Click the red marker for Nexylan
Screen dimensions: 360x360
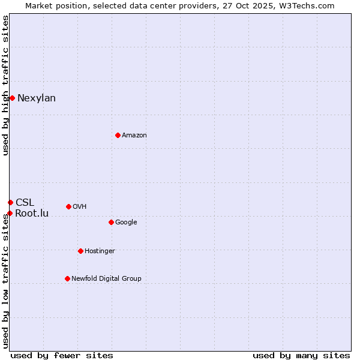click(x=12, y=98)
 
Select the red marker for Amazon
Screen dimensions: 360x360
click(x=118, y=135)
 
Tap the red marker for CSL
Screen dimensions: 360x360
click(x=10, y=202)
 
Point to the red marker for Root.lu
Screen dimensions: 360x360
click(x=10, y=213)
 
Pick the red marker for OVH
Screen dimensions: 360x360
click(x=68, y=206)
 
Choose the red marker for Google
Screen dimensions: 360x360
click(x=111, y=222)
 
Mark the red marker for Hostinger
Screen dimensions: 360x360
click(x=80, y=251)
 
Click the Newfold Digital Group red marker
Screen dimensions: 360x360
click(x=67, y=278)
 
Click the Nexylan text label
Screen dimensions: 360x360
click(x=37, y=98)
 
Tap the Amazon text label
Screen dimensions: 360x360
click(x=134, y=136)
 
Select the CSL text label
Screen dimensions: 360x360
click(x=25, y=202)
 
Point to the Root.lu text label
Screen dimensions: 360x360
click(x=32, y=214)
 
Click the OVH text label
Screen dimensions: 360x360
click(x=80, y=207)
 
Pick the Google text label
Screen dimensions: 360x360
click(x=126, y=223)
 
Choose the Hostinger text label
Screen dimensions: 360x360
click(x=100, y=251)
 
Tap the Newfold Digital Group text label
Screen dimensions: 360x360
click(x=106, y=279)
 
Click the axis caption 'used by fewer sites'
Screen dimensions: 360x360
click(x=62, y=355)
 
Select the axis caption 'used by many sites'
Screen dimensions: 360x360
click(x=301, y=355)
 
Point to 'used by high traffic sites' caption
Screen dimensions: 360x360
click(x=5, y=85)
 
